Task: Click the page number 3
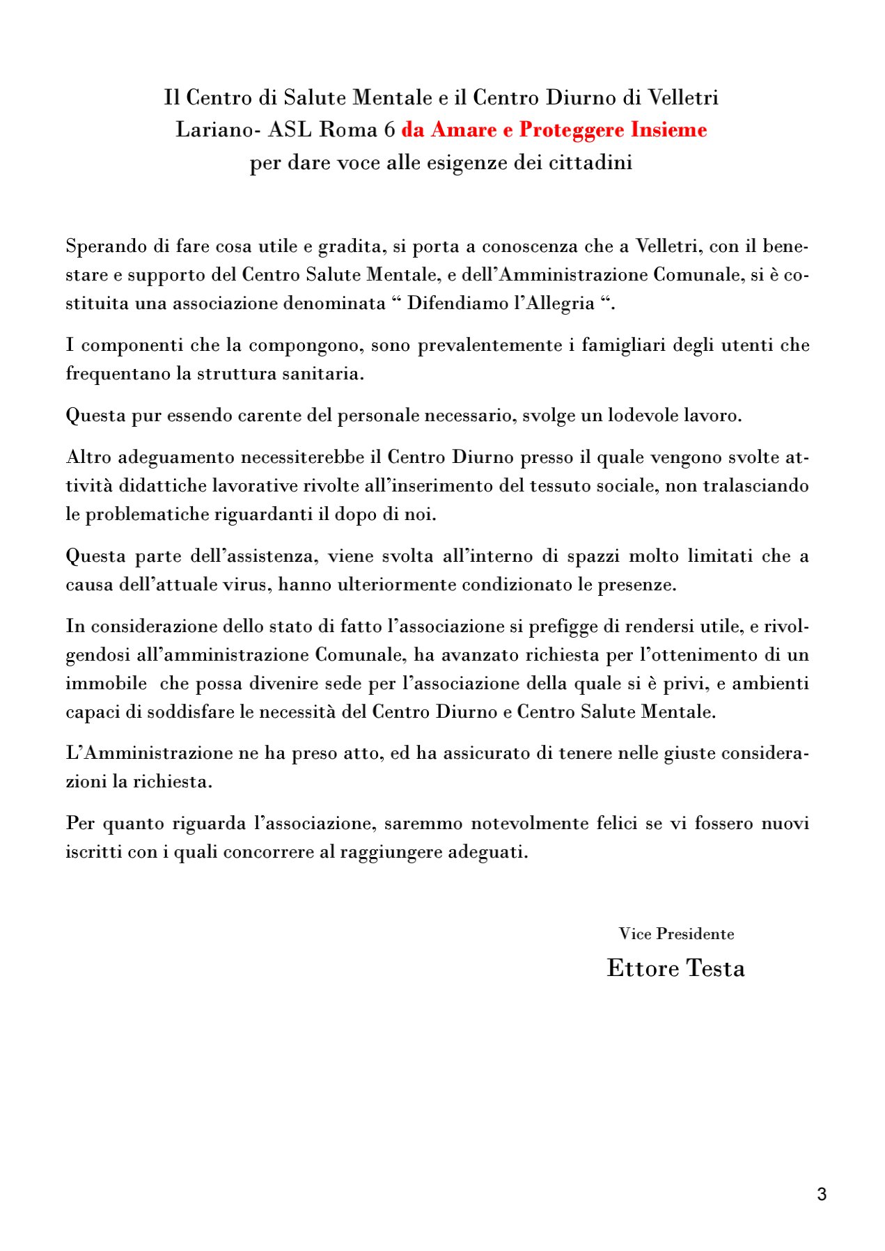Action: pos(822,1195)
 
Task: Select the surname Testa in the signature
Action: pos(716,968)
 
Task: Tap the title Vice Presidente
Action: pos(676,934)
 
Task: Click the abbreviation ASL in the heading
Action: pos(290,130)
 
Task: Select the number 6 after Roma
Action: pos(389,130)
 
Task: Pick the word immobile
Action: pos(107,684)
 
